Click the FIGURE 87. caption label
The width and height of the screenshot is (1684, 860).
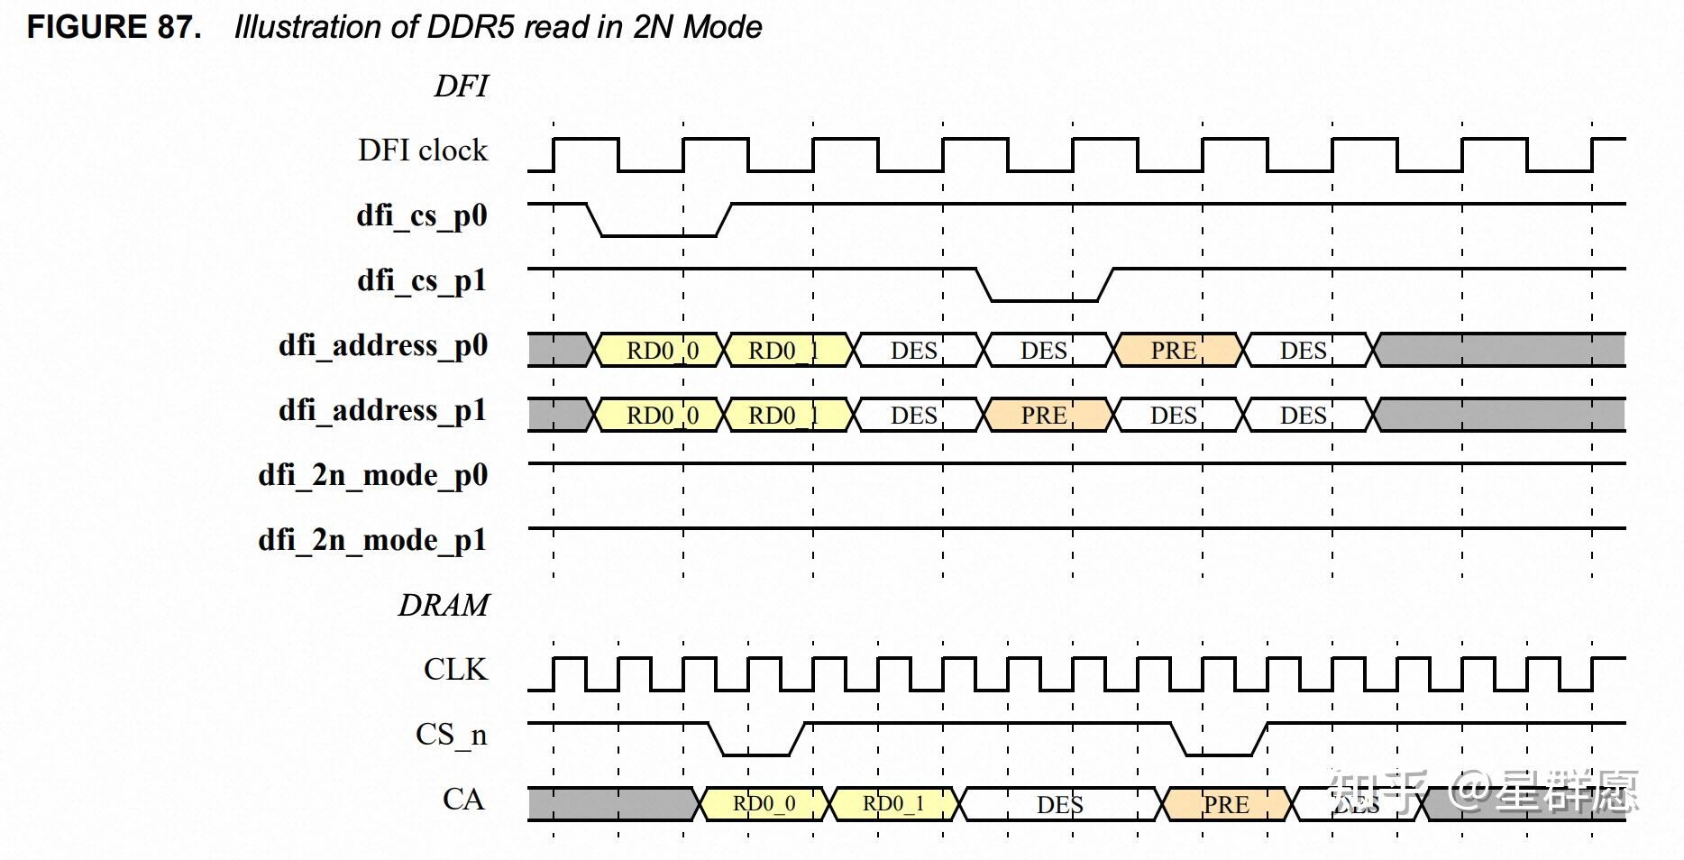click(114, 27)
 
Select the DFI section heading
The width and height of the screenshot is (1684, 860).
click(461, 87)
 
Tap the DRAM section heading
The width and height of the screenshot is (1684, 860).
click(444, 605)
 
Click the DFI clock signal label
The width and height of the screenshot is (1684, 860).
click(422, 150)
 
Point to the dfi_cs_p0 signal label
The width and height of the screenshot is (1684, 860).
click(421, 215)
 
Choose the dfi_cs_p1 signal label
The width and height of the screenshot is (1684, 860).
click(421, 280)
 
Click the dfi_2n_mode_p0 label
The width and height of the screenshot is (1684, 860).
click(372, 475)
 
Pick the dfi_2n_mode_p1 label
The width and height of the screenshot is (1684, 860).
click(372, 540)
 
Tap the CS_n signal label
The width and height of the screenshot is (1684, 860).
click(451, 735)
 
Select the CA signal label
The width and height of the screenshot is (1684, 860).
click(463, 800)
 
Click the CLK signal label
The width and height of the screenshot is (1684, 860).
click(455, 670)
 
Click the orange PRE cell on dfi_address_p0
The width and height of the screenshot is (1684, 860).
click(1175, 350)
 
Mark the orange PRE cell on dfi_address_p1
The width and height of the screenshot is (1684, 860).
click(1045, 415)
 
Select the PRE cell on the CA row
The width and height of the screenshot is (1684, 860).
click(1227, 804)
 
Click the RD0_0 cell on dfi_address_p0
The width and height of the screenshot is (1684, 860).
click(662, 350)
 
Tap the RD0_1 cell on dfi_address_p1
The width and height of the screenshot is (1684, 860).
click(784, 415)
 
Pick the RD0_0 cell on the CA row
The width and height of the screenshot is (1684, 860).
click(764, 803)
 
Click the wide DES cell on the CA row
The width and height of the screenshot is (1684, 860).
click(1059, 804)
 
